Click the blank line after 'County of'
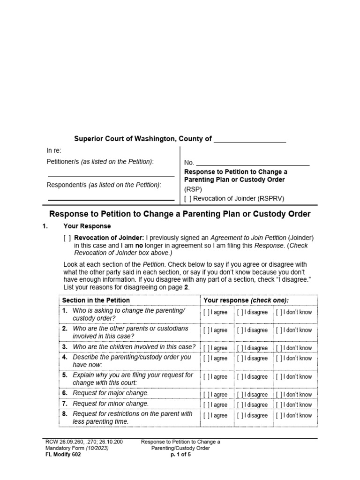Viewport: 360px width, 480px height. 249,140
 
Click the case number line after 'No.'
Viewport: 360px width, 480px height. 253,163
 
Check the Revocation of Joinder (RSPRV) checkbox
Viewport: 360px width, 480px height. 187,198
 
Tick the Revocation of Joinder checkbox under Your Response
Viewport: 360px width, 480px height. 67,237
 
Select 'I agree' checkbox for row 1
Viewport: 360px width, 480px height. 206,312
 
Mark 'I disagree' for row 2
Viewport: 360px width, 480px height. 240,330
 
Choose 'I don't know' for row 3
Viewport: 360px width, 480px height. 279,348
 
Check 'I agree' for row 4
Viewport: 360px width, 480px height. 206,359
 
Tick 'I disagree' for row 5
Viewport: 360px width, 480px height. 240,377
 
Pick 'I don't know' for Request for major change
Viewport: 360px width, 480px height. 279,395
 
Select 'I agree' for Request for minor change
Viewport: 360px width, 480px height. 206,405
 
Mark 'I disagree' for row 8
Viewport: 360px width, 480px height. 240,416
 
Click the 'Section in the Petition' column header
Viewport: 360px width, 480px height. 96,300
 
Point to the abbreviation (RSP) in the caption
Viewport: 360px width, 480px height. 193,189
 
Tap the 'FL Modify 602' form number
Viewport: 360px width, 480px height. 63,454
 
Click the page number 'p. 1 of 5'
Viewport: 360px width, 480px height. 180,454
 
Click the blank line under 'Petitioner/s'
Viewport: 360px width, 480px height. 111,176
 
